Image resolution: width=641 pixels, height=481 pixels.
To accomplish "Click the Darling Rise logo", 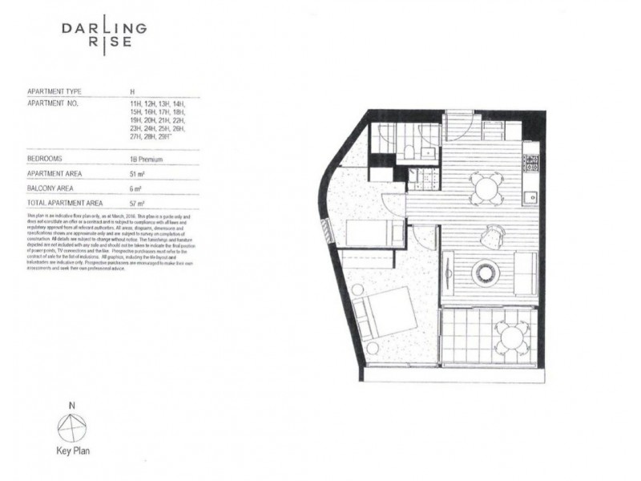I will click(x=104, y=35).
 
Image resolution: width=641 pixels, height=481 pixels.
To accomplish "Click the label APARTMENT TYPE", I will click(x=54, y=92).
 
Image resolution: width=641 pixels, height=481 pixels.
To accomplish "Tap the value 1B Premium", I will click(x=147, y=160).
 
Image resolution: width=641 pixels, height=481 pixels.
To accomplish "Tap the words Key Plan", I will click(x=72, y=451).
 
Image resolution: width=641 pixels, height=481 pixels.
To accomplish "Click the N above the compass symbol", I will click(x=72, y=406).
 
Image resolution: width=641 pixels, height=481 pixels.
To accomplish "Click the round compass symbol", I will click(x=72, y=426).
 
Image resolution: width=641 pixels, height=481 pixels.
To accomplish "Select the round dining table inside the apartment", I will click(x=486, y=189).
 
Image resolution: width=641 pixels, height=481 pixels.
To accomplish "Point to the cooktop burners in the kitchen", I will click(x=530, y=162).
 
